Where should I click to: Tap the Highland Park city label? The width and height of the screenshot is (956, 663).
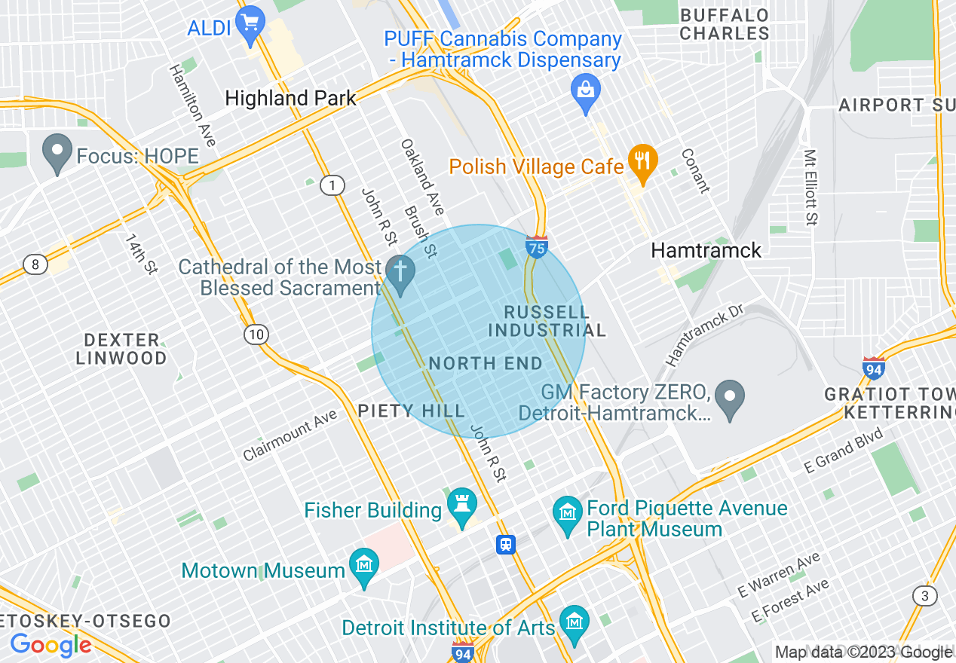click(x=290, y=98)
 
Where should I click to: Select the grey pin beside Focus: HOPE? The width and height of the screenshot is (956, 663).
click(x=57, y=153)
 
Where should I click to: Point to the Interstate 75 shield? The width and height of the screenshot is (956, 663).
click(x=536, y=246)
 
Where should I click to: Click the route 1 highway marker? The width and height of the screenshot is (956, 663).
click(x=332, y=185)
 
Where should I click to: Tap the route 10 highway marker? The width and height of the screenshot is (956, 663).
click(x=256, y=334)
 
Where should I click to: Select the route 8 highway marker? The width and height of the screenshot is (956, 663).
click(x=35, y=264)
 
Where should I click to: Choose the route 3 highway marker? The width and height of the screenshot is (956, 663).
click(x=924, y=596)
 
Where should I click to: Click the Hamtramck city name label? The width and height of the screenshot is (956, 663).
click(x=706, y=250)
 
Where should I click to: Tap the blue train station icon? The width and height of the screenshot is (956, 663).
click(x=505, y=544)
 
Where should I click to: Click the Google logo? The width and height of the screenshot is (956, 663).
click(x=51, y=644)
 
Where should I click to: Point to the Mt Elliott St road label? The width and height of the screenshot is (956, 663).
click(x=810, y=188)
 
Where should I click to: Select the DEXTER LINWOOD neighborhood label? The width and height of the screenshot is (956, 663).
click(x=121, y=349)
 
